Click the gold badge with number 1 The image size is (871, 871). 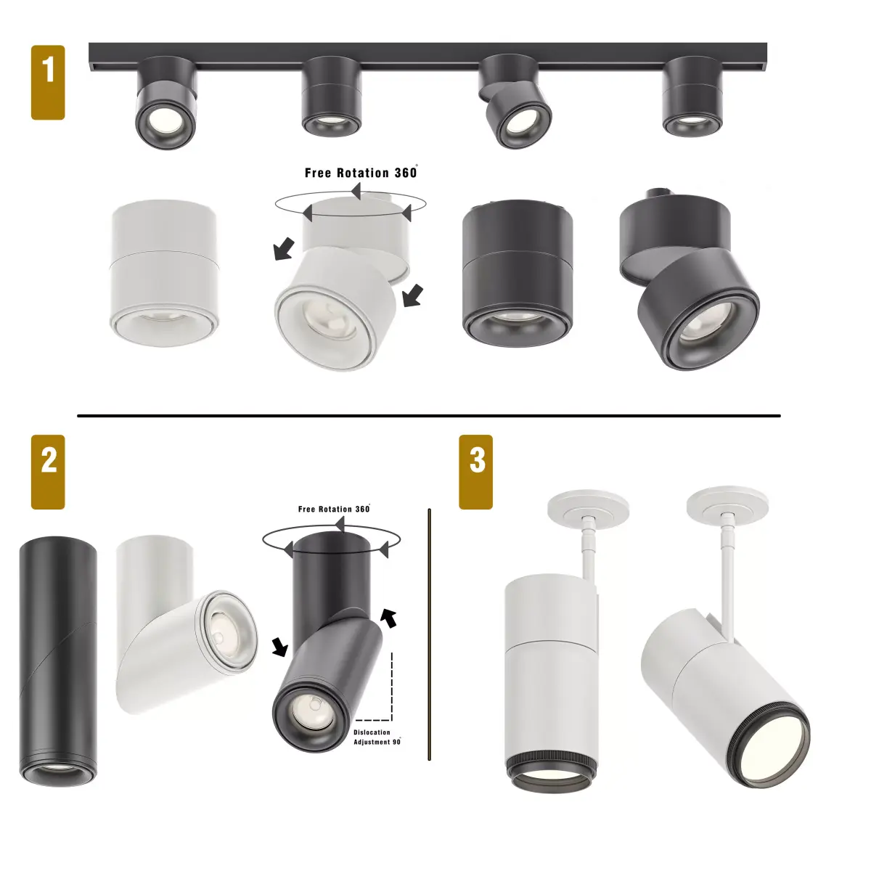[x=48, y=82]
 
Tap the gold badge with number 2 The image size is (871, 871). [x=48, y=472]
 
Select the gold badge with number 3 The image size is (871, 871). [x=476, y=472]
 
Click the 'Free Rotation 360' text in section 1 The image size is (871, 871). [x=361, y=173]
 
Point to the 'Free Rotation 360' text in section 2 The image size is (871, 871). [x=334, y=509]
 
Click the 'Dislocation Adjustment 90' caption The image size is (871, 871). [x=377, y=737]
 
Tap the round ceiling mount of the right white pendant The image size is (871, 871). [x=727, y=500]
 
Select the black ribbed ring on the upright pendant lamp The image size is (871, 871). [x=550, y=764]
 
